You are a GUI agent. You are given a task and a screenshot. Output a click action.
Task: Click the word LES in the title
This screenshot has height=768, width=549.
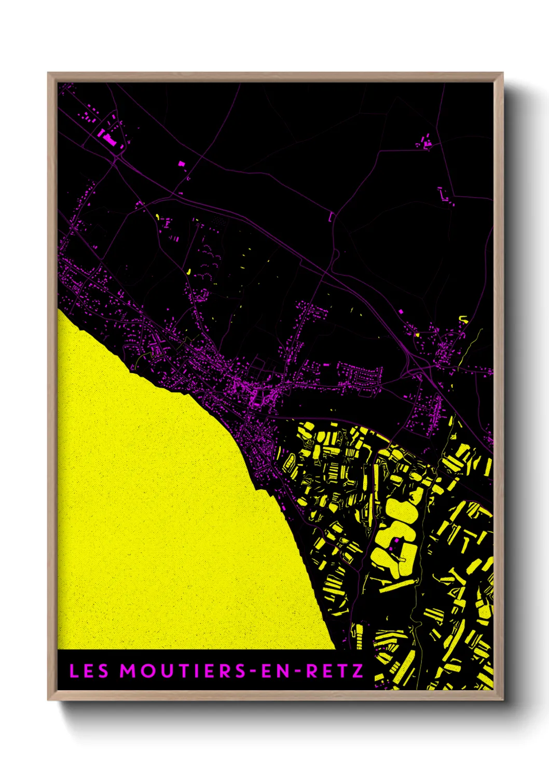89,671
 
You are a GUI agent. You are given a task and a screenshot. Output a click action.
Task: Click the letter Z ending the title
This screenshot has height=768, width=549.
358,671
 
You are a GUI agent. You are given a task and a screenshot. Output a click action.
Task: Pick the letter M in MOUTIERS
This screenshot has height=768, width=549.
128,671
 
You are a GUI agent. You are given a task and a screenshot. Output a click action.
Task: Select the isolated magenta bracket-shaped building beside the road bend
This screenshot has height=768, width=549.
331,217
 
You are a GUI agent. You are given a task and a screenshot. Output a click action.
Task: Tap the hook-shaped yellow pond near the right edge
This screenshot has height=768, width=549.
463,319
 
